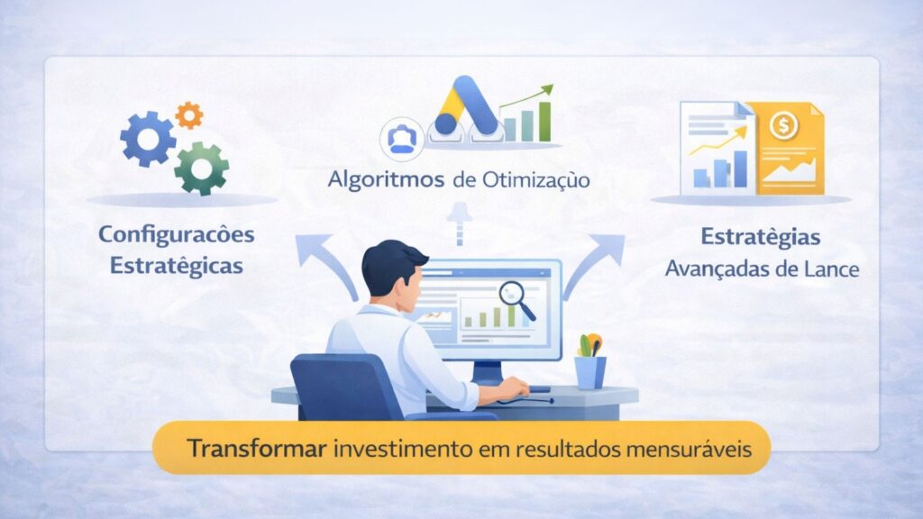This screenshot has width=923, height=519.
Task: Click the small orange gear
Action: tap(189, 114)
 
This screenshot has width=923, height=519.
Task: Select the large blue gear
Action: tap(149, 140)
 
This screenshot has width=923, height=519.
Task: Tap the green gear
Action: tap(201, 167)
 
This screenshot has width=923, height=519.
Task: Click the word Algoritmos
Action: tap(386, 179)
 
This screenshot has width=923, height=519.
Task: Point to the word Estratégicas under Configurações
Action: tap(176, 267)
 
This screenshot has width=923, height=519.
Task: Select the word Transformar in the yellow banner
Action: tap(257, 447)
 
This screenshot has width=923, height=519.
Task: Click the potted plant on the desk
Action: tap(590, 360)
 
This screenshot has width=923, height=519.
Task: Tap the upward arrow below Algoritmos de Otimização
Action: tap(461, 222)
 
